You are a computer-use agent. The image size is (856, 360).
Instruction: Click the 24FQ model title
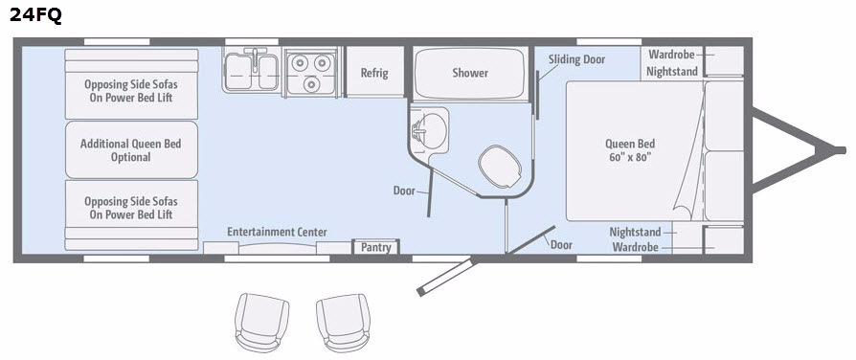(35, 15)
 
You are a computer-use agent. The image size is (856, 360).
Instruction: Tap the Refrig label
(374, 73)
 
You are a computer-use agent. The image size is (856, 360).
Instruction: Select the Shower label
(470, 73)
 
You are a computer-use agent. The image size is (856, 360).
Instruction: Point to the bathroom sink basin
(431, 130)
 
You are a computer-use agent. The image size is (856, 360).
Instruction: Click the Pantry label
(376, 247)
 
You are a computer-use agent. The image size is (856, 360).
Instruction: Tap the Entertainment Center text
(278, 232)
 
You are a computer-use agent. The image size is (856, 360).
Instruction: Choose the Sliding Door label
(577, 59)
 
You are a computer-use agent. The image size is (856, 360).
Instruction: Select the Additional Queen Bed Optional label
(131, 150)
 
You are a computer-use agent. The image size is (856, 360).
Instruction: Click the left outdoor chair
(261, 323)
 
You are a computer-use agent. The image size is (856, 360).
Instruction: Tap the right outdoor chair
(344, 324)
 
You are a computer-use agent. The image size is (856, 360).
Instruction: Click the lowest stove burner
(311, 84)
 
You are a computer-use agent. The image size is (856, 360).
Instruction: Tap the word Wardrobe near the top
(671, 55)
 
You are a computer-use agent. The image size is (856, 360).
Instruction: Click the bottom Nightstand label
(635, 232)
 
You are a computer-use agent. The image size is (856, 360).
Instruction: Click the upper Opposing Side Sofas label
(131, 91)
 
